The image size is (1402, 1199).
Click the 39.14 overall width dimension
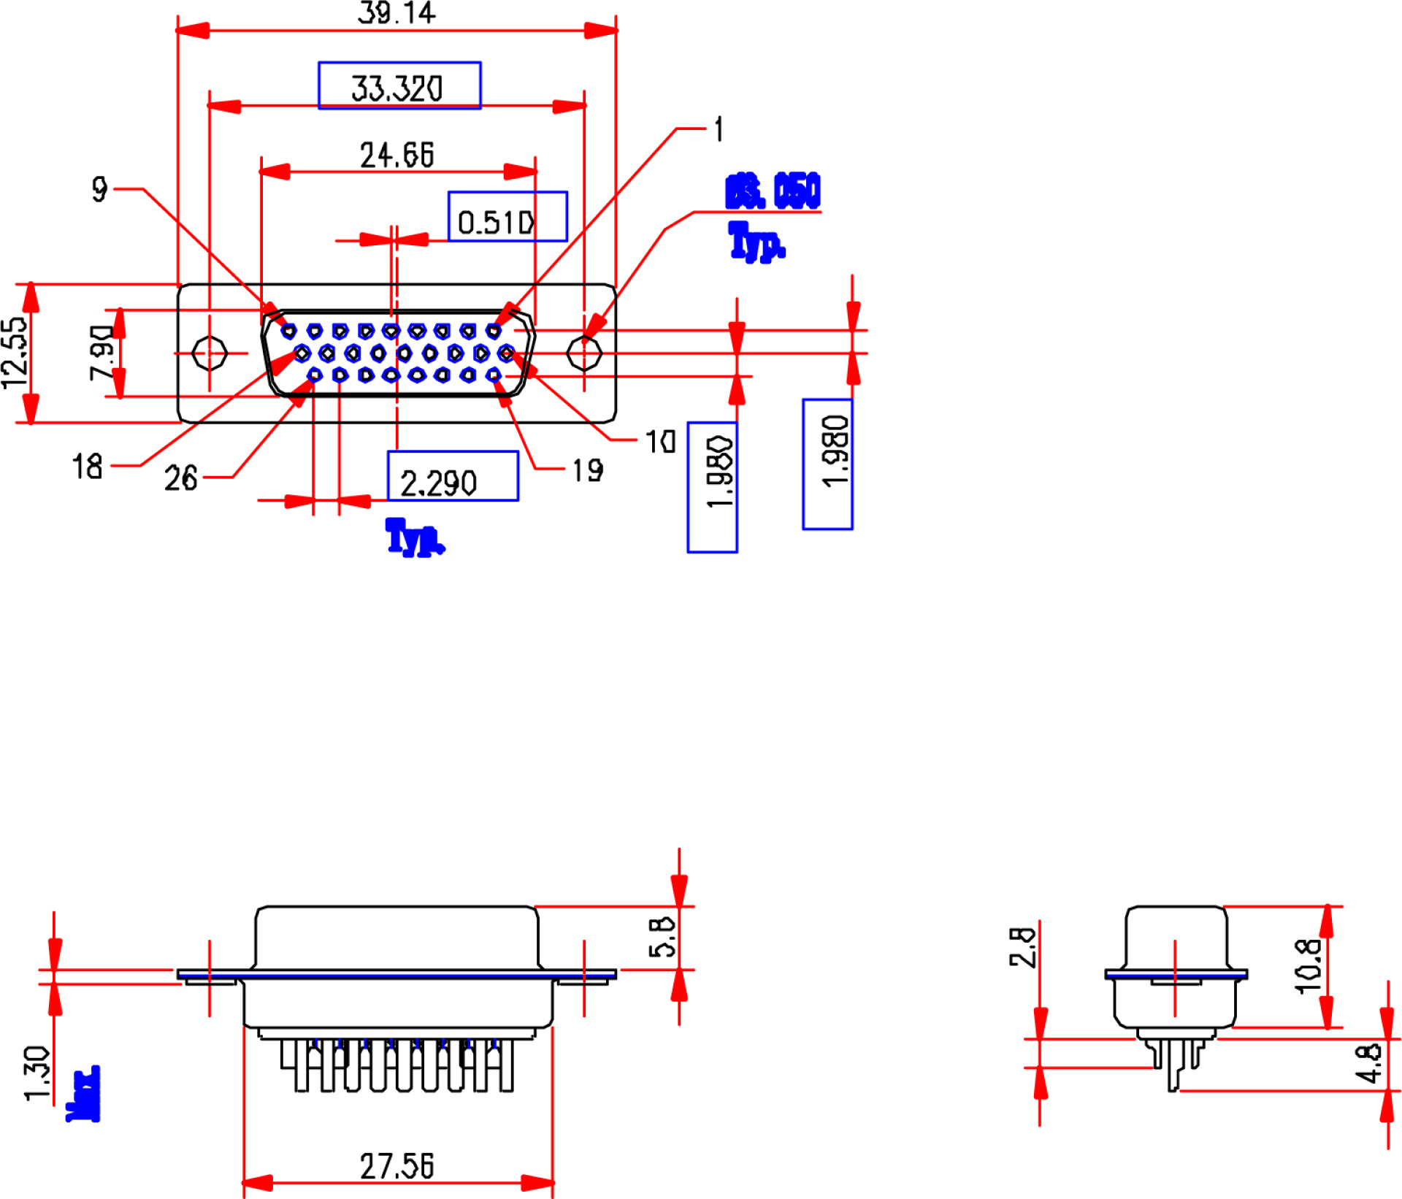point(397,13)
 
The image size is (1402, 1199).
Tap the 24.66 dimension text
point(397,155)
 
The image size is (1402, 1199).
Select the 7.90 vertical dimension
point(101,353)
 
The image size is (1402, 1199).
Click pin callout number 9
point(100,188)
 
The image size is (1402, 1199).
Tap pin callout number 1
point(719,129)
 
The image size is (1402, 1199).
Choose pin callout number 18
point(87,466)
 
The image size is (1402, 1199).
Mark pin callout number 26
point(180,478)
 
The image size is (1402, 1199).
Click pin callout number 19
point(587,470)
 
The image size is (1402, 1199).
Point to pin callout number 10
point(660,441)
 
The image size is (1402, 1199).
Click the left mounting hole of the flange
point(210,353)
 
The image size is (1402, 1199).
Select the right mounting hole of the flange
point(584,353)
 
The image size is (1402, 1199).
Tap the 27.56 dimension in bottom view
point(397,1166)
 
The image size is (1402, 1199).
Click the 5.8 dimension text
point(662,938)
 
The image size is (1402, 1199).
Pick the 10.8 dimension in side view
point(1307,966)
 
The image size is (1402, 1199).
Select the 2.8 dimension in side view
point(1022,948)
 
